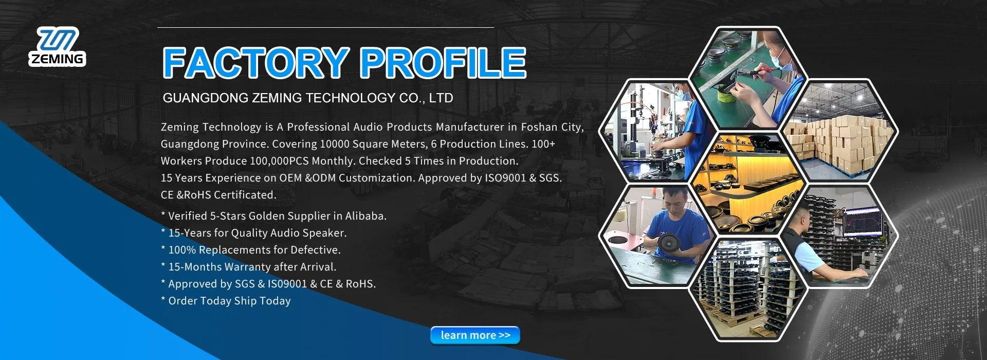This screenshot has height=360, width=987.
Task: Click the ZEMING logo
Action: pyautogui.click(x=57, y=47)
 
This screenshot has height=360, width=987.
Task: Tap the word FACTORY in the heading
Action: pyautogui.click(x=255, y=63)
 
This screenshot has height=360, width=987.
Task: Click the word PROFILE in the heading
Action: pyautogui.click(x=442, y=63)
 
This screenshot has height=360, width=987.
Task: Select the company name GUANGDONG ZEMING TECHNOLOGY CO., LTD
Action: pyautogui.click(x=307, y=98)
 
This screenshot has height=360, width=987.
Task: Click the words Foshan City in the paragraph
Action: pyautogui.click(x=551, y=127)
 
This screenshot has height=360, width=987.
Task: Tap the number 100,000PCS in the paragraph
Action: pyautogui.click(x=279, y=161)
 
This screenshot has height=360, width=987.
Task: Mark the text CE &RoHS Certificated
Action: pyautogui.click(x=218, y=195)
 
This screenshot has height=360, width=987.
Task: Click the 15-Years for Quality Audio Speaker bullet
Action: pyautogui.click(x=257, y=233)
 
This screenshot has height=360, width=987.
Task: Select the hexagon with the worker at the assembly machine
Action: pyautogui.click(x=655, y=131)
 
